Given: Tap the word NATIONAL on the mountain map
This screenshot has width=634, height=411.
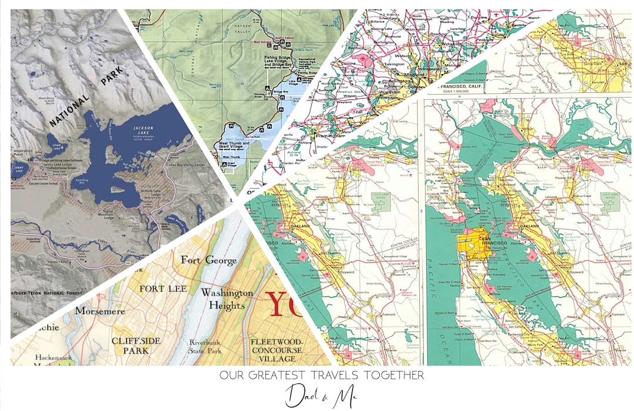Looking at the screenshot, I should point(69,111).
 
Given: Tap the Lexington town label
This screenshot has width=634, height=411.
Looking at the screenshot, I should point(394,63).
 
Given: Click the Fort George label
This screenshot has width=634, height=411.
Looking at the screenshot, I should point(200,259).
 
